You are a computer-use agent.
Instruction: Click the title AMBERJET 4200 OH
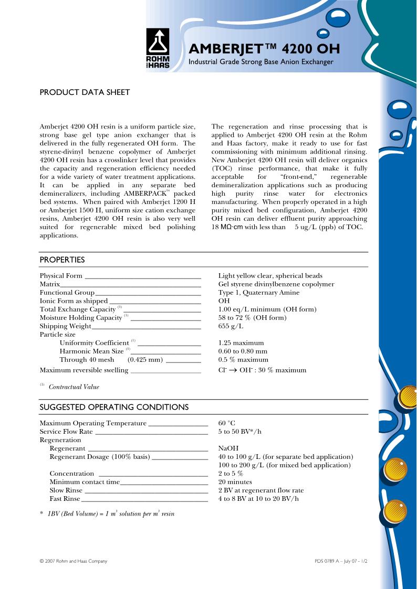264,49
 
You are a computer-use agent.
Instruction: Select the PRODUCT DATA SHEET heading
85,92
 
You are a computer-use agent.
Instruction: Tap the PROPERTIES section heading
62,260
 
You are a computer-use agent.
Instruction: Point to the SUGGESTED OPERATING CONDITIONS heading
114,407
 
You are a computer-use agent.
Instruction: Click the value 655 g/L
231,326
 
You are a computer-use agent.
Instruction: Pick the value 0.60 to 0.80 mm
243,351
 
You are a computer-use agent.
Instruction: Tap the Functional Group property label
67,293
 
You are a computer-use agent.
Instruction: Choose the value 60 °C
227,423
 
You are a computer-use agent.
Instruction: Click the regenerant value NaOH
228,448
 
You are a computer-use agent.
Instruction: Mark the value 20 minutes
235,482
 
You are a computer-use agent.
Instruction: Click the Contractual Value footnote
74,387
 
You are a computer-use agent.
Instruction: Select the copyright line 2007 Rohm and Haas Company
74,561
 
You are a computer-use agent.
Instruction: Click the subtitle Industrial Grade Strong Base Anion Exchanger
261,62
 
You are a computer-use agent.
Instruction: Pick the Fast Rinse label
65,499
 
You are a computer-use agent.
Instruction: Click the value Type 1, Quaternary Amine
259,293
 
